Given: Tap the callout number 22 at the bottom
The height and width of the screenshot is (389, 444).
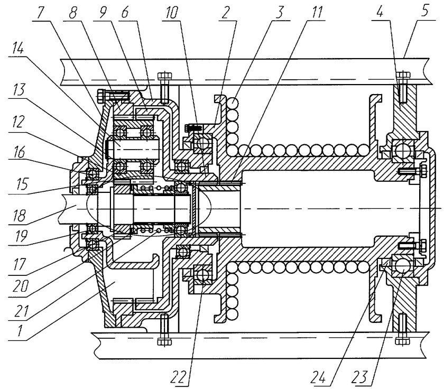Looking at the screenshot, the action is coord(180,376).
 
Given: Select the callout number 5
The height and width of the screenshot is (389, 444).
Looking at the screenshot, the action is coord(425,12).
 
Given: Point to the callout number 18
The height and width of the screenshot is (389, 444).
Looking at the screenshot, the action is coord(19,216).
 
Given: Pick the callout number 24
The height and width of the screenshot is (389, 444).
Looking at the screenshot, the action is coord(320,376).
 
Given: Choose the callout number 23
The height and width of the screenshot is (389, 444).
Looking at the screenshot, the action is coord(360,376).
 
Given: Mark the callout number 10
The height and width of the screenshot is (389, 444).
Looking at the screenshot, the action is coord(172,13).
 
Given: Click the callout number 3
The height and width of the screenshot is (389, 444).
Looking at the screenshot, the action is coord(279,13).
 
